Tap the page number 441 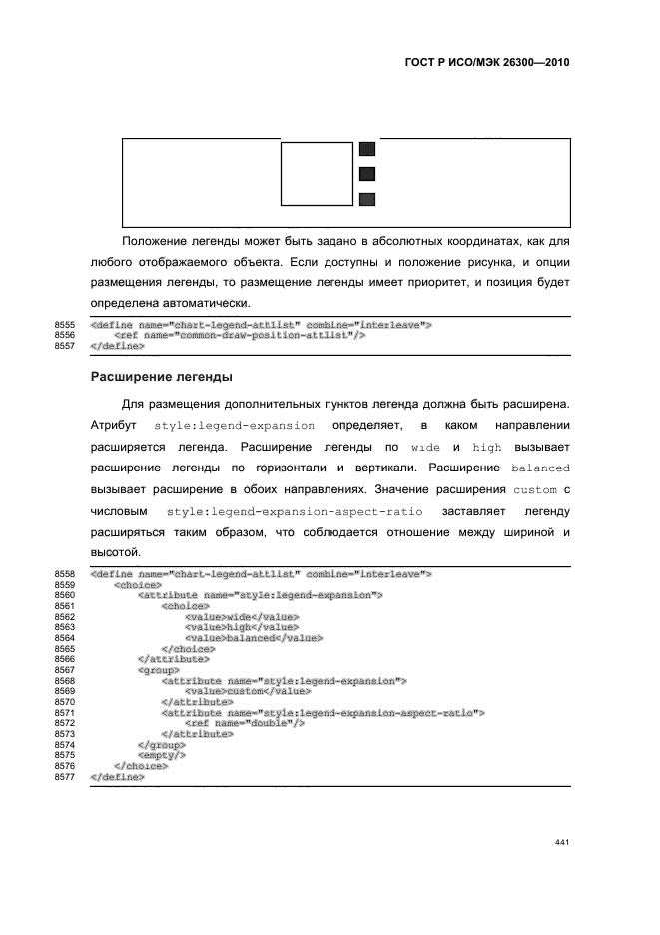click(x=561, y=842)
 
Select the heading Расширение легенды click(x=162, y=377)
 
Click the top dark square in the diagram click(x=367, y=149)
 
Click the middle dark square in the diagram click(x=367, y=174)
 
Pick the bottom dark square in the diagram click(x=367, y=199)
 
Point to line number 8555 click(x=65, y=325)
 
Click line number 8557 click(x=65, y=345)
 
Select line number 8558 click(x=65, y=574)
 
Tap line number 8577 click(x=65, y=776)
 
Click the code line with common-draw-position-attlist click(x=239, y=335)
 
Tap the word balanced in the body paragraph click(x=540, y=467)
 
